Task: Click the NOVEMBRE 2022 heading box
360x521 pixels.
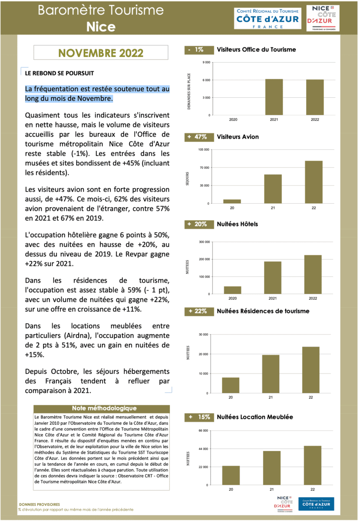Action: pos(101,53)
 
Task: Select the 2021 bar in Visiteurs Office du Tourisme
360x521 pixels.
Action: pos(274,97)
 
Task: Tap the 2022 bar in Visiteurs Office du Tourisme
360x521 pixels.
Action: pos(315,97)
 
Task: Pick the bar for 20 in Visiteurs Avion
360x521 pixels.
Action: pos(232,201)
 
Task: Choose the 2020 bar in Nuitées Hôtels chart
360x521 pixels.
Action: pos(232,290)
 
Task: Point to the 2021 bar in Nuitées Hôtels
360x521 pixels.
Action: pos(273,277)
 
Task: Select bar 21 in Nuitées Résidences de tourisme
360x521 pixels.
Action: pos(271,374)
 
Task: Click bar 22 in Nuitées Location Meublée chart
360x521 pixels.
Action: pos(313,465)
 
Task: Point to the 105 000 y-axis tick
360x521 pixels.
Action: pos(204,150)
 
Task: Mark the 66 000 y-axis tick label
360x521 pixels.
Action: pos(204,431)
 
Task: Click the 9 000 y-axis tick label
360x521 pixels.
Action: pos(206,63)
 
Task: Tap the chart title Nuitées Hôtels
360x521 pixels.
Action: pos(237,224)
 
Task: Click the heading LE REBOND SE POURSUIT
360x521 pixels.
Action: pos(59,73)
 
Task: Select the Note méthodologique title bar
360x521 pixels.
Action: pos(104,408)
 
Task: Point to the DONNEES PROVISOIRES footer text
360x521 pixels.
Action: pos(39,505)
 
